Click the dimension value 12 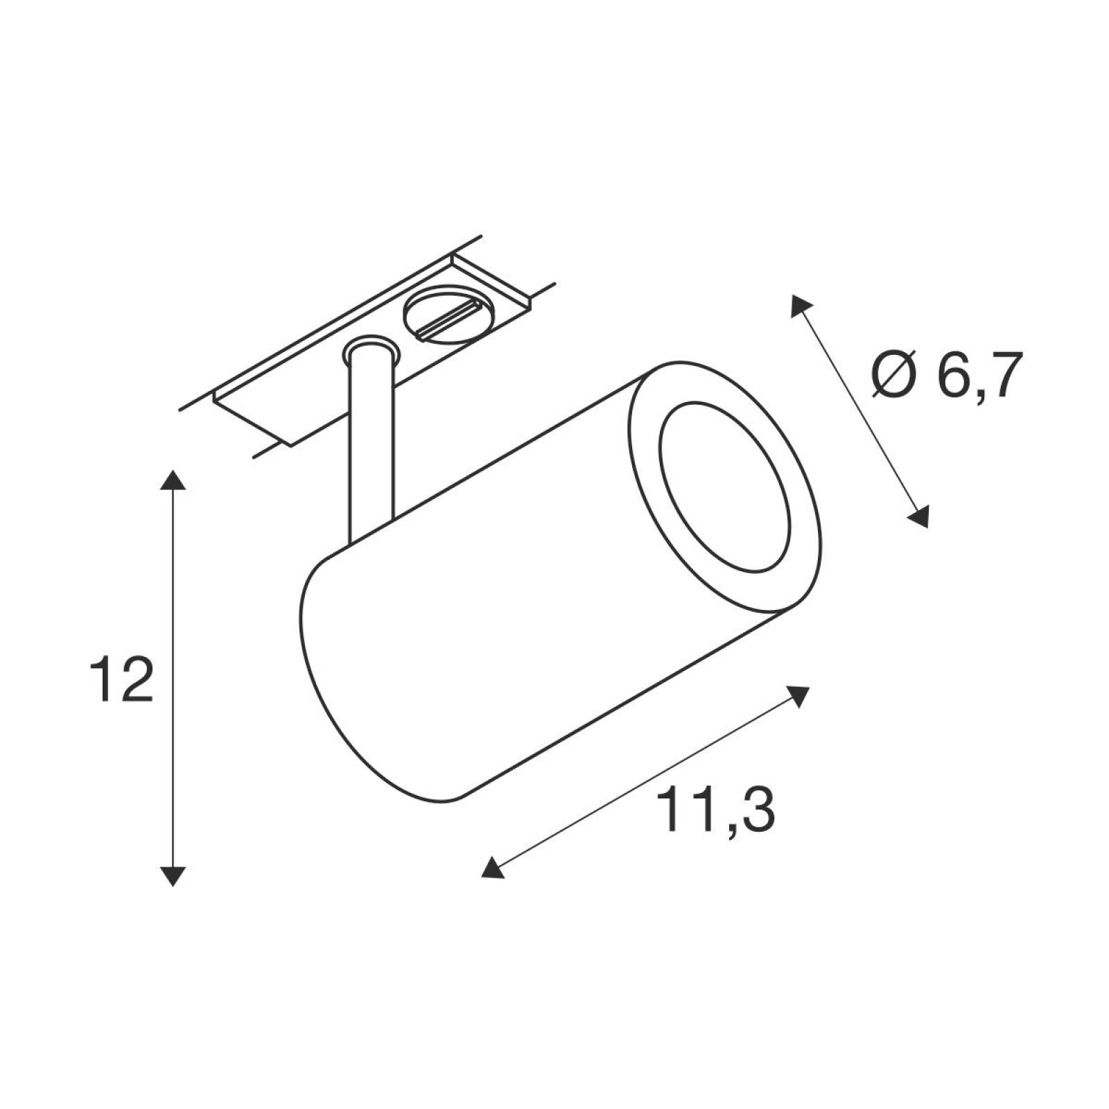(122, 680)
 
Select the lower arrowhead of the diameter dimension (918, 517)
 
